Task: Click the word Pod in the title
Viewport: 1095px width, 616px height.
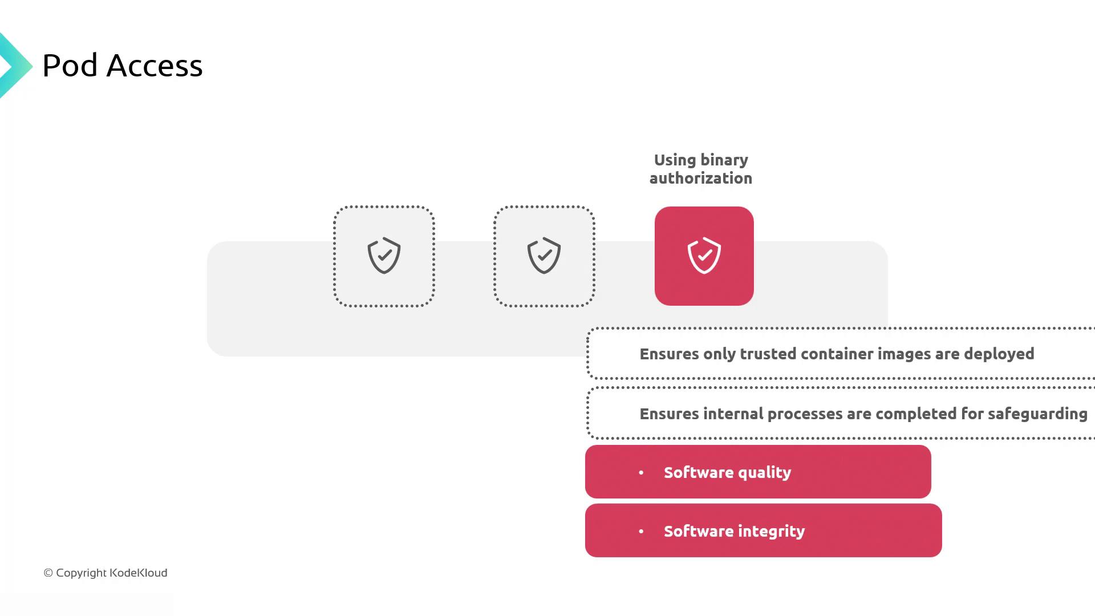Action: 70,66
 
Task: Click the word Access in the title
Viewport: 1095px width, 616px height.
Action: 155,66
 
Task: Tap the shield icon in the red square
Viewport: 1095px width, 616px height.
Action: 704,256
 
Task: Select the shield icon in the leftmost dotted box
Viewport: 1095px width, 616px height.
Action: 384,256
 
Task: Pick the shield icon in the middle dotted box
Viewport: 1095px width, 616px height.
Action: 544,256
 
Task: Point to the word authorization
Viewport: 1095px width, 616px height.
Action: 701,179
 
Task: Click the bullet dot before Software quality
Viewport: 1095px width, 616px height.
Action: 641,473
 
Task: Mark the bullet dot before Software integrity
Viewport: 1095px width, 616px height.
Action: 641,532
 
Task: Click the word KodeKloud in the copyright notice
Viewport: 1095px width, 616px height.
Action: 138,573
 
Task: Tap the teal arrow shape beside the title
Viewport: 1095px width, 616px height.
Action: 14,66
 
